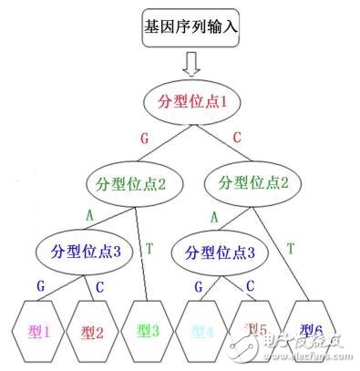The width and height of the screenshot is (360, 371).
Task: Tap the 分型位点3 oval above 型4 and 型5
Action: tap(215, 250)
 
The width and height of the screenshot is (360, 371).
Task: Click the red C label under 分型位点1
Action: tap(238, 138)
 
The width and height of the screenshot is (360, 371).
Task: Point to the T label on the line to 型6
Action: tap(291, 248)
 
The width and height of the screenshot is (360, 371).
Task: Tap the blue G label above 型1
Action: tap(40, 285)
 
